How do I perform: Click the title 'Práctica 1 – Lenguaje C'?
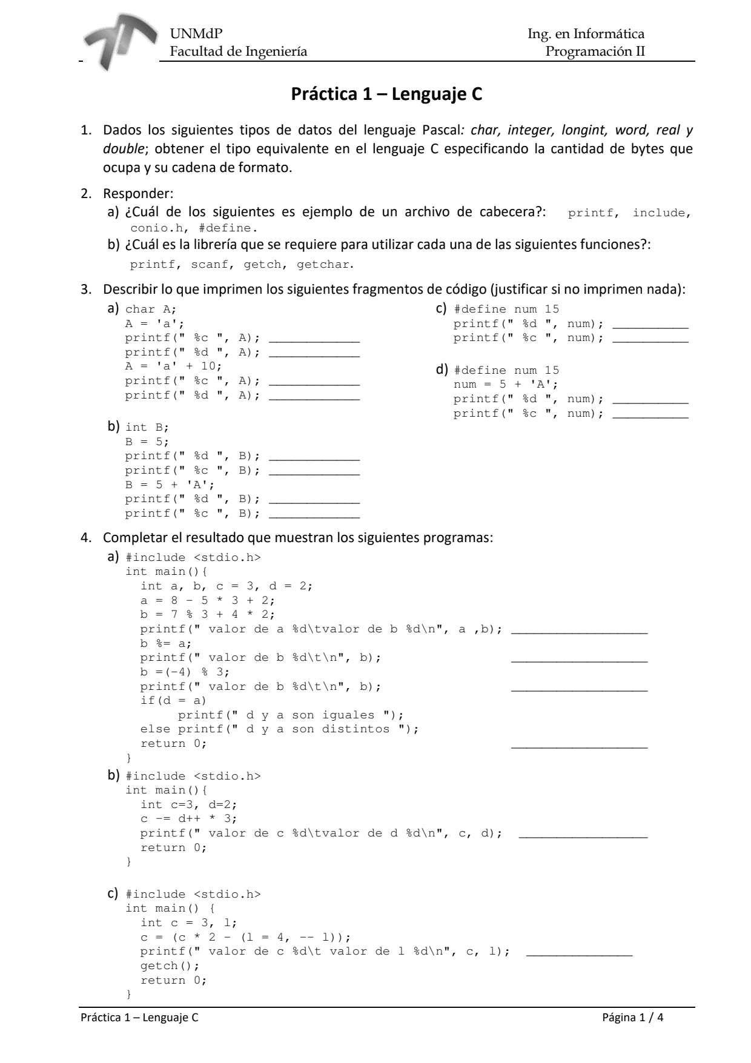(x=386, y=94)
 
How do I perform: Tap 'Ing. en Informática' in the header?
(x=586, y=34)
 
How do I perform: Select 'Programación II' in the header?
(x=595, y=51)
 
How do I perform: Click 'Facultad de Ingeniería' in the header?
(x=238, y=51)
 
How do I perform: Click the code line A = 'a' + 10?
(x=174, y=366)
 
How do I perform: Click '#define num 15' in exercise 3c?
(x=506, y=310)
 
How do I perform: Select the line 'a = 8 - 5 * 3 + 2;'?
(x=208, y=600)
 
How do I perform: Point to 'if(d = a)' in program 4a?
(x=174, y=701)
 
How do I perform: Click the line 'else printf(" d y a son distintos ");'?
(x=279, y=729)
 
